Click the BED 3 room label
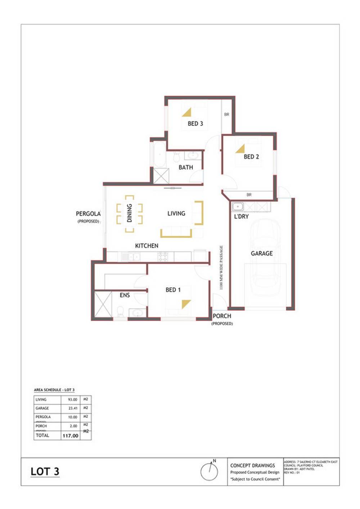click(x=195, y=124)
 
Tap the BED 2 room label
click(x=251, y=157)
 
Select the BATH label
click(x=186, y=167)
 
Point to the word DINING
click(x=130, y=213)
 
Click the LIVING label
click(x=176, y=213)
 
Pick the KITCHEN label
click(x=147, y=246)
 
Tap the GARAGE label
click(x=262, y=254)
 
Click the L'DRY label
click(x=241, y=217)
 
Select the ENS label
click(x=125, y=295)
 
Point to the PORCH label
click(x=222, y=316)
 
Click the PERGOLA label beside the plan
click(x=88, y=214)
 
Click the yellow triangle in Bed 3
click(x=187, y=113)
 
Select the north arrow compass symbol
click(x=209, y=471)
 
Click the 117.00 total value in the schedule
click(x=70, y=436)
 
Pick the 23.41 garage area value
click(x=73, y=408)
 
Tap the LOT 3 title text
click(x=45, y=472)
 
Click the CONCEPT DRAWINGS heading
click(x=252, y=465)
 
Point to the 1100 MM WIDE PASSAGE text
click(x=221, y=267)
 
